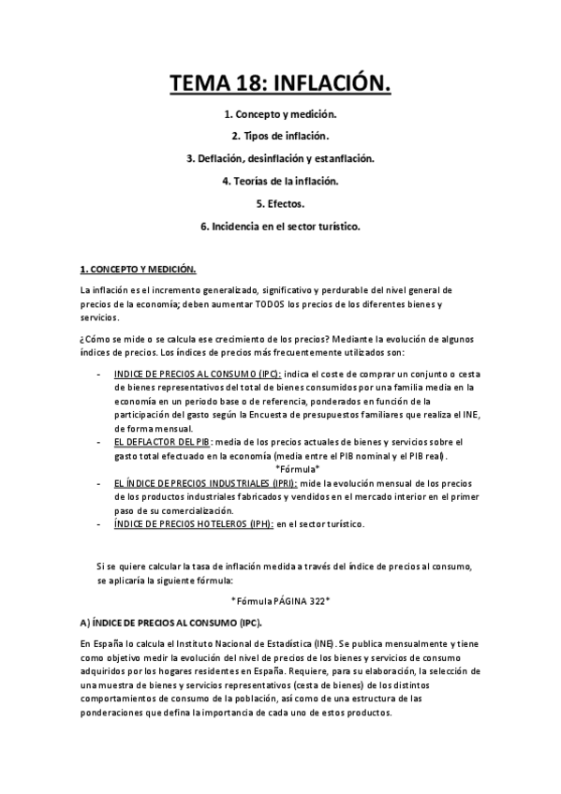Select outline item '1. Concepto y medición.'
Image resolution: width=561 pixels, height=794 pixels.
280,114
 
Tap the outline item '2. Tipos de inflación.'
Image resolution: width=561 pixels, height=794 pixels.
280,137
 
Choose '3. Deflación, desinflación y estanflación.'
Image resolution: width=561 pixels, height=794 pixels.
280,159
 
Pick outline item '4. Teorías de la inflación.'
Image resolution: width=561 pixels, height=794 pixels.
280,181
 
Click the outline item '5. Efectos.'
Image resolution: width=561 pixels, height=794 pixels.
280,203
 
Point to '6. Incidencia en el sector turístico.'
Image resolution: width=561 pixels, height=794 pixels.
280,226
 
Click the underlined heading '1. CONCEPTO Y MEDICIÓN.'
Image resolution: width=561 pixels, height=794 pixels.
138,270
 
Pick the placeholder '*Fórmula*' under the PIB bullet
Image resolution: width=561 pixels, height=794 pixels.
297,468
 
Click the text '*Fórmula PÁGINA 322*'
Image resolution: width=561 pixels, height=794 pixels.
280,600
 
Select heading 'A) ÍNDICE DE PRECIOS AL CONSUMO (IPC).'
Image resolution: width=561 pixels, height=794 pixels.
170,623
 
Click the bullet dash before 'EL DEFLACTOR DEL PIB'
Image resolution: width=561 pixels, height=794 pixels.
100,441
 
